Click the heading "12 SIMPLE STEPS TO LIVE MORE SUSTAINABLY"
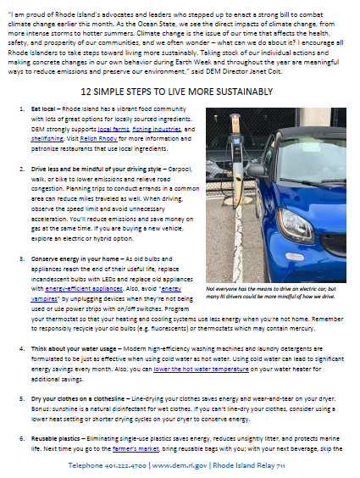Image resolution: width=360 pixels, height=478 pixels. (x=177, y=92)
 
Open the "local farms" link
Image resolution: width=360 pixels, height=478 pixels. (x=114, y=130)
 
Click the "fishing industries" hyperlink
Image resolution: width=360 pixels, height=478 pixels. (x=157, y=130)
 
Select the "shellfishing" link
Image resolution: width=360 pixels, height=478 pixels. (x=47, y=139)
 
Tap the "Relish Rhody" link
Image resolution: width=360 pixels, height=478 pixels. (x=98, y=139)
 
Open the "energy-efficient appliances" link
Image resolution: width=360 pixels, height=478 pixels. (x=84, y=289)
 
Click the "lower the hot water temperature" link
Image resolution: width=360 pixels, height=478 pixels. (x=201, y=370)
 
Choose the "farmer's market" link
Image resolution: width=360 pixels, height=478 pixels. (x=136, y=448)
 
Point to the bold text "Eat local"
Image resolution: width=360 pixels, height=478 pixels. (x=43, y=109)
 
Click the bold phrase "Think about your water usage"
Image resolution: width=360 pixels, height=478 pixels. (x=74, y=348)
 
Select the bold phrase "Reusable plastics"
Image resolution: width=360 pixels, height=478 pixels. (x=55, y=439)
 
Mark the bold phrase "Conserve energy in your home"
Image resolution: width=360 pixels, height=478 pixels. (x=75, y=259)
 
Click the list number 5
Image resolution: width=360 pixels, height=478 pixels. (x=22, y=398)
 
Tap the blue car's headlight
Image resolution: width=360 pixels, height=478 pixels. (x=295, y=225)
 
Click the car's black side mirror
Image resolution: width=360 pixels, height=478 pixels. (x=258, y=170)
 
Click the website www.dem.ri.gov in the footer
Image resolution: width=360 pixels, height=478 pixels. (x=180, y=465)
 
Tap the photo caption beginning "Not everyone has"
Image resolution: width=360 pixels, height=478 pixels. (x=271, y=292)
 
